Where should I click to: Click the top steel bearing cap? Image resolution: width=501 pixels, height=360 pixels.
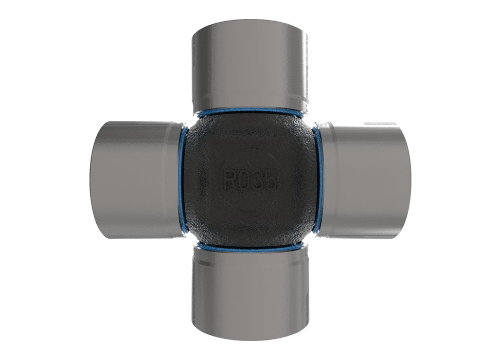pyautogui.click(x=250, y=64)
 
